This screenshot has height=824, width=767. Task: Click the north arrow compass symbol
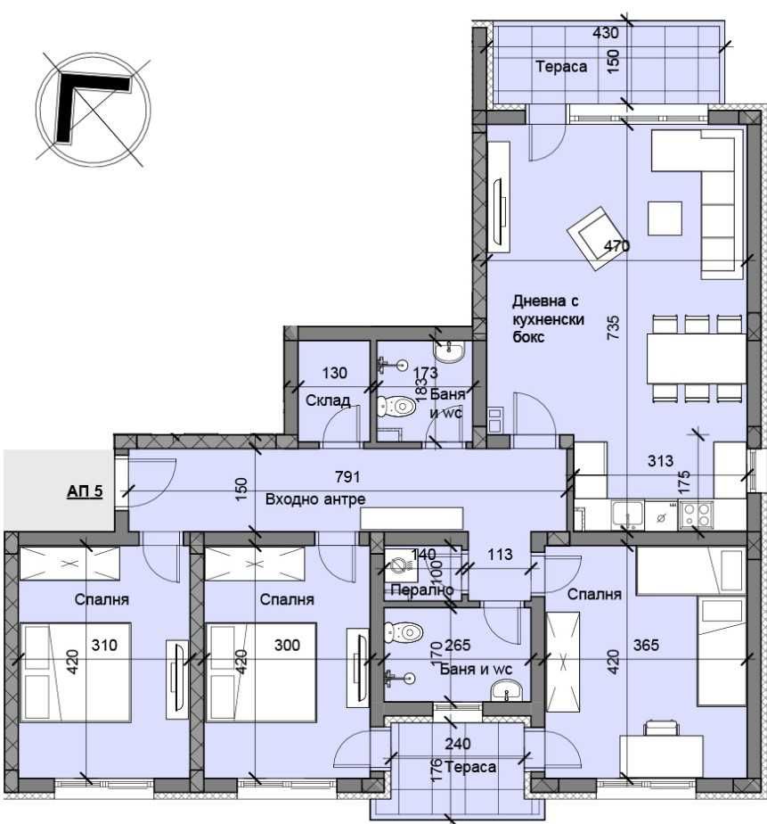tap(93, 109)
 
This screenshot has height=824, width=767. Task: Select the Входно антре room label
tap(315, 499)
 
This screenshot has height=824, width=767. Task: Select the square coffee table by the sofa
tap(664, 218)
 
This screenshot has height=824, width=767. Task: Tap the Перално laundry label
tap(421, 590)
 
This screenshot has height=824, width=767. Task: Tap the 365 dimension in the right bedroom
tap(646, 646)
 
